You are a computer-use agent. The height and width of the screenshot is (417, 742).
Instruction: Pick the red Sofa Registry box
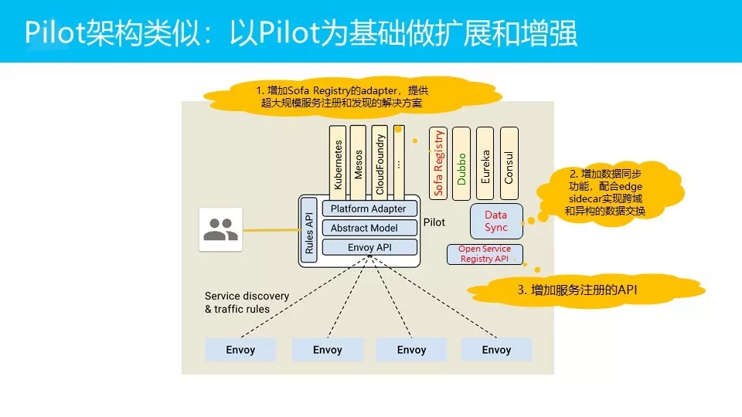(x=437, y=162)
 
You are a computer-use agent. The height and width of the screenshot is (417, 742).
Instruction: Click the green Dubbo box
(x=461, y=162)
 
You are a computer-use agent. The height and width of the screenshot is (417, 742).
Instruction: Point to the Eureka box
(x=485, y=162)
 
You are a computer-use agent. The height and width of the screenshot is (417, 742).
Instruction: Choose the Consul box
(x=509, y=162)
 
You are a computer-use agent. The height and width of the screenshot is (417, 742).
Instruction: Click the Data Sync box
(x=496, y=221)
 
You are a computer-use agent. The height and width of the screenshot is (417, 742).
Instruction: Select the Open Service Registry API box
(x=485, y=254)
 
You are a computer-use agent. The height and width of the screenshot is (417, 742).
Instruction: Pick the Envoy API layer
(x=369, y=247)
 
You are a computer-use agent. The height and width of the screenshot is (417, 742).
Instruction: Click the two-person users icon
(x=220, y=229)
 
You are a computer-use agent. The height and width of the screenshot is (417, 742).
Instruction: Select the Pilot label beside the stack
(x=434, y=222)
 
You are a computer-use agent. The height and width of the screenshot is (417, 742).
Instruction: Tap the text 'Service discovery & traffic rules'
(x=247, y=302)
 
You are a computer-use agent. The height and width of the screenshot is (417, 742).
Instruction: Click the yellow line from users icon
(x=271, y=230)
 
